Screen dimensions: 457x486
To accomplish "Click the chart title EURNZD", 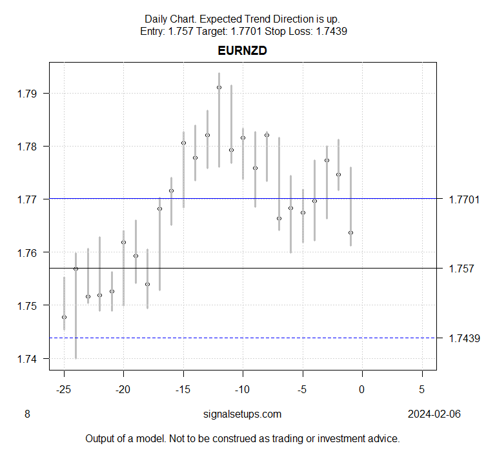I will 243,51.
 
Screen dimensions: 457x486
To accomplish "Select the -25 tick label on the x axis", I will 64,389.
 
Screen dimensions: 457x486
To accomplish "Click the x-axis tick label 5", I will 421,389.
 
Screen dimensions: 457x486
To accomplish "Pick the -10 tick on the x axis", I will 243,389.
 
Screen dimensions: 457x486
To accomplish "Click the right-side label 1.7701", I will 463,200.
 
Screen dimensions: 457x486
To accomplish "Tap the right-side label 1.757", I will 461,269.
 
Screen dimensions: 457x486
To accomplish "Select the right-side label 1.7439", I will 463,338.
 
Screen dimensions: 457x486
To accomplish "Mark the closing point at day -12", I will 219,87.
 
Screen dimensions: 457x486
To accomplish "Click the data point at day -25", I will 64,317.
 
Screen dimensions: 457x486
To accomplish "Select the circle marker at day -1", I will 350,232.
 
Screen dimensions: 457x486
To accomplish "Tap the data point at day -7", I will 279,219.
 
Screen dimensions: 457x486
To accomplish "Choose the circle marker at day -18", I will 147,284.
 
